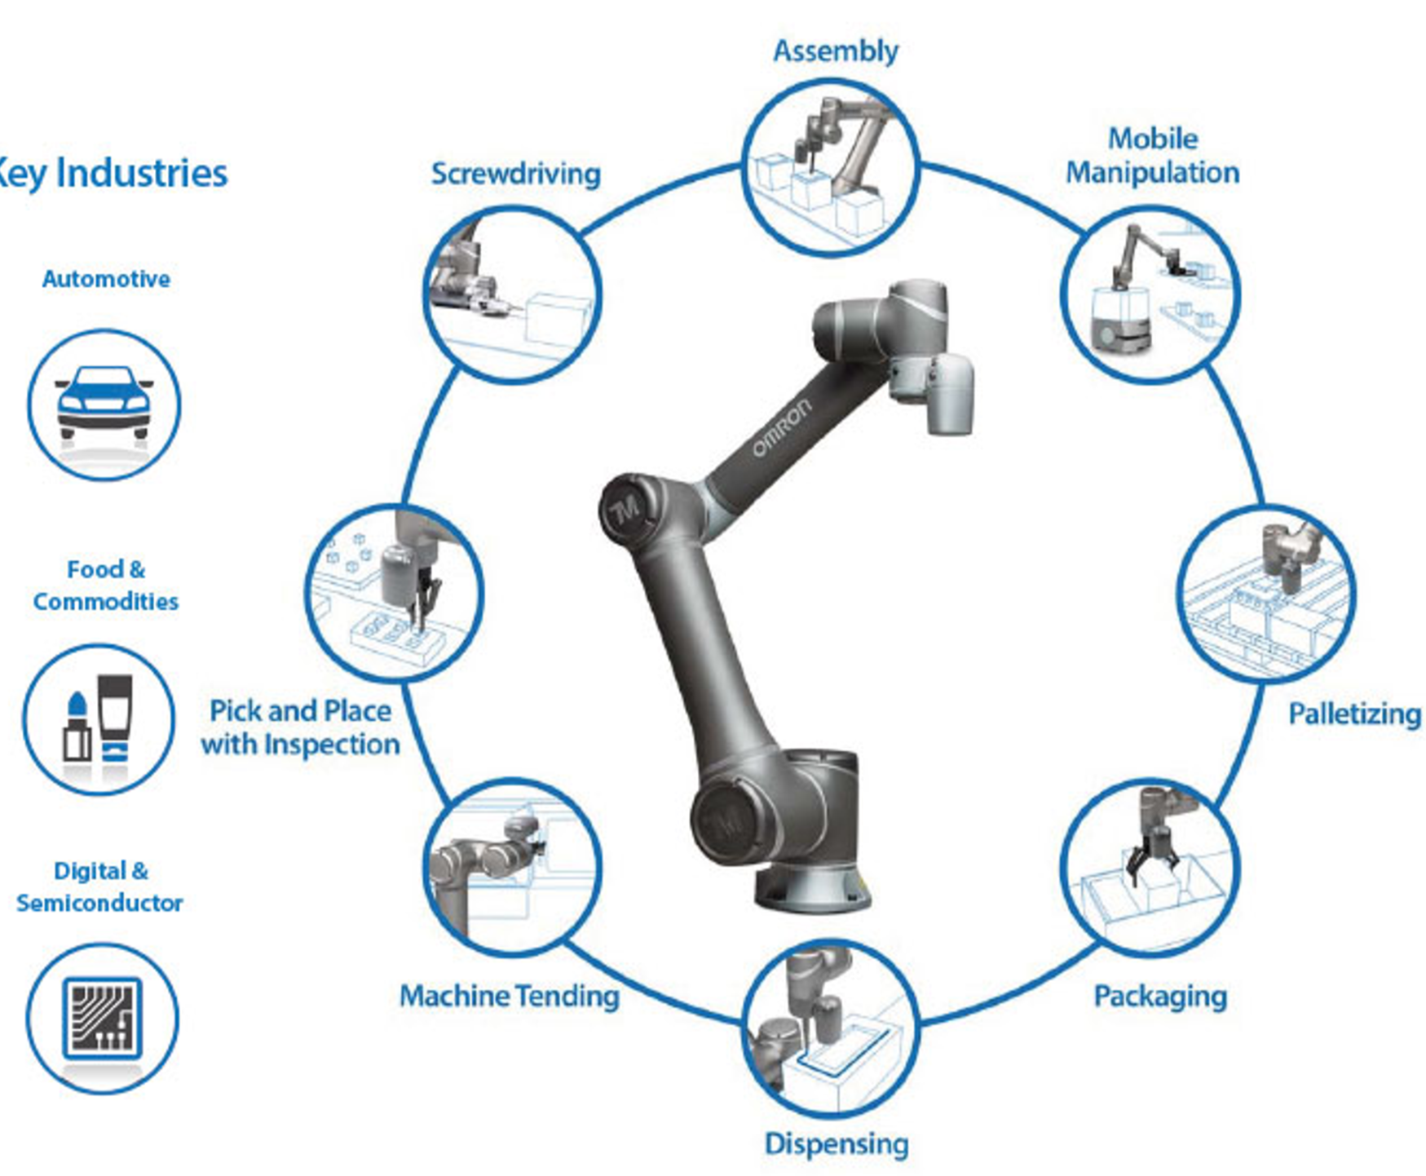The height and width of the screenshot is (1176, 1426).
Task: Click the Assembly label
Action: point(835,51)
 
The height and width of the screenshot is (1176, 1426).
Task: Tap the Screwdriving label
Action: point(515,174)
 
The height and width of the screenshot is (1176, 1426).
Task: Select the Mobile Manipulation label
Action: point(1152,155)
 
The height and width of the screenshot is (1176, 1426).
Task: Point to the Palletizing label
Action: point(1354,714)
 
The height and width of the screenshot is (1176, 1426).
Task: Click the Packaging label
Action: point(1159,997)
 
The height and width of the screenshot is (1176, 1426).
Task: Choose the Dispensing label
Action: point(836,1143)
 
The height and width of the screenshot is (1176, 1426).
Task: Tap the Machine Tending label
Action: point(510,996)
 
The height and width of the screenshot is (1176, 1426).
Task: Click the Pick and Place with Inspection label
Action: point(300,727)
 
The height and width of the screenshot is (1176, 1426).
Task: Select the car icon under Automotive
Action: point(104,404)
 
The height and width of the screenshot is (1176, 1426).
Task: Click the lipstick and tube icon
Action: point(98,718)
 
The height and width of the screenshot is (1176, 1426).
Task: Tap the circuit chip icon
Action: point(102,1018)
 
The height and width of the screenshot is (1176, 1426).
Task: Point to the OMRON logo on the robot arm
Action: point(781,427)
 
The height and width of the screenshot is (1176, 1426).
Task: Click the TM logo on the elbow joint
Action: point(625,513)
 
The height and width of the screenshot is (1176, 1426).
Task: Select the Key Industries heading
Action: point(112,173)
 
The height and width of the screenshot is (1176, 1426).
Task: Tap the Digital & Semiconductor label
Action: point(99,887)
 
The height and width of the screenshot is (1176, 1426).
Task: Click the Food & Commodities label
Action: point(105,586)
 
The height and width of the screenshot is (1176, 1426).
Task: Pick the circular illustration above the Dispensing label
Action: point(831,1029)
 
